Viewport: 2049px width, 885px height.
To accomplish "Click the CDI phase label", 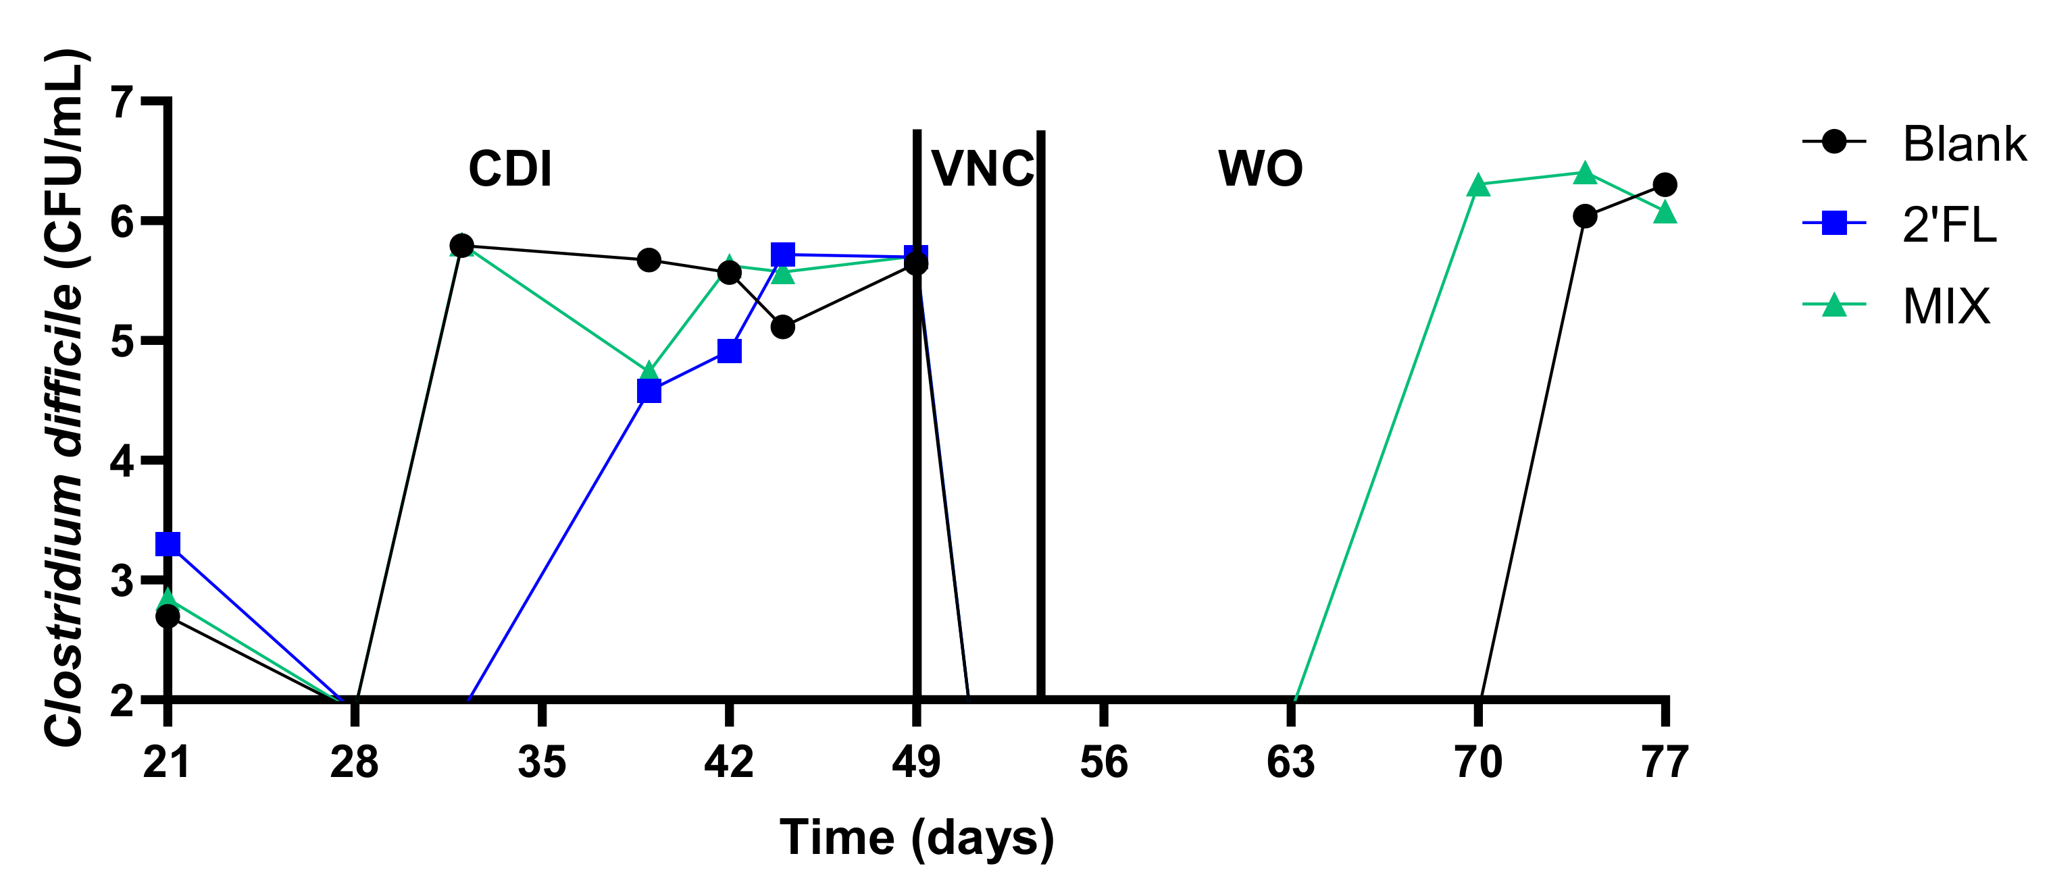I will (x=510, y=169).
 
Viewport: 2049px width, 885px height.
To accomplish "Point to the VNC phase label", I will (x=982, y=169).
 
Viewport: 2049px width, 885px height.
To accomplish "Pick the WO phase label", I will (x=1260, y=169).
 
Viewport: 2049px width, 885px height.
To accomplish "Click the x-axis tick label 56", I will (x=1103, y=761).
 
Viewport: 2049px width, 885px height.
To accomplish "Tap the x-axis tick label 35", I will (x=542, y=761).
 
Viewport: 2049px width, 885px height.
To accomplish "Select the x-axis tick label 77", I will (x=1665, y=761).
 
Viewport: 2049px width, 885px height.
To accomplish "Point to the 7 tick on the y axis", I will (x=122, y=102).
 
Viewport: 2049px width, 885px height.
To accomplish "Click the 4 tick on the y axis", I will (x=122, y=460).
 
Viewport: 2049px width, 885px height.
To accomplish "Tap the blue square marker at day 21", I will (x=168, y=545).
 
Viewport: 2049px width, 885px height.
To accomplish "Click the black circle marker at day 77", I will (x=1665, y=184).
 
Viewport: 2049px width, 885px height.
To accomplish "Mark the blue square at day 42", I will (x=730, y=350).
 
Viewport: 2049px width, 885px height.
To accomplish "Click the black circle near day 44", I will (x=783, y=327).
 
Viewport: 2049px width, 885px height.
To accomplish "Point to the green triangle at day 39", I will (x=649, y=371).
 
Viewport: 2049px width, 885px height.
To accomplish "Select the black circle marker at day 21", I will (x=168, y=616).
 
